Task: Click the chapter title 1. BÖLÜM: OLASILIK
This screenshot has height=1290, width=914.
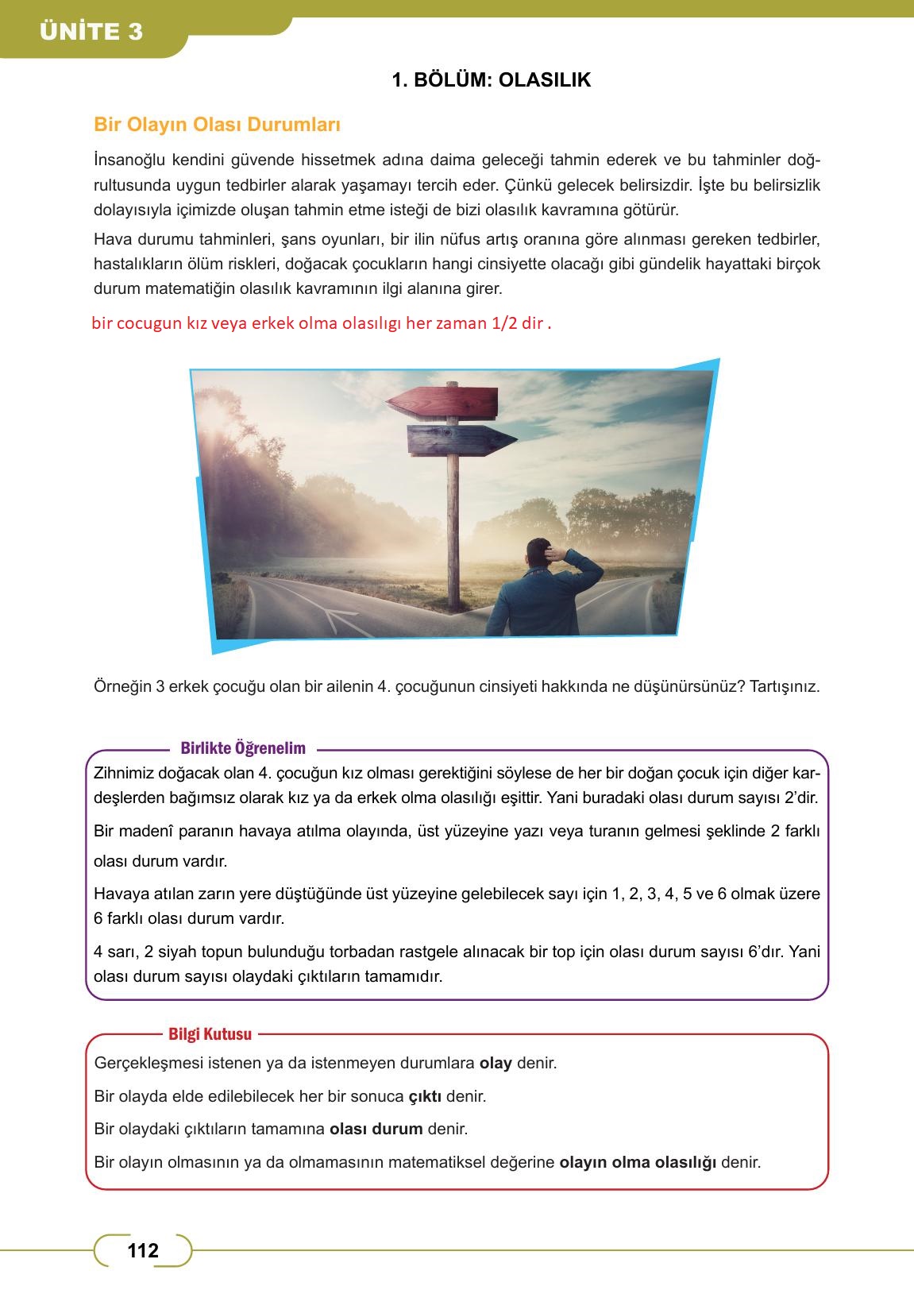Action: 492,79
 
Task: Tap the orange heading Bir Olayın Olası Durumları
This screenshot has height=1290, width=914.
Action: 217,125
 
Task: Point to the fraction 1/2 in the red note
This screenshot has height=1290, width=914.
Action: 503,324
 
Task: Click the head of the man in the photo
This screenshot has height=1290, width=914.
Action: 545,553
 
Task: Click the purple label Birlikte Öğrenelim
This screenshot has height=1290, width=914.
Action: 243,748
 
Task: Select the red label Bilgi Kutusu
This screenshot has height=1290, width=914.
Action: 210,1034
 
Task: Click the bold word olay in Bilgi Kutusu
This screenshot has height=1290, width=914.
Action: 496,1063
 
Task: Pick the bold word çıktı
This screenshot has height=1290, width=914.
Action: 425,1096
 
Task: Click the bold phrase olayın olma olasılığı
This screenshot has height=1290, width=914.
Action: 638,1162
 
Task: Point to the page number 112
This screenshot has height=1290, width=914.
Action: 143,1251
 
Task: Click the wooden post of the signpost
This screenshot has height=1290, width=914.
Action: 453,508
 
